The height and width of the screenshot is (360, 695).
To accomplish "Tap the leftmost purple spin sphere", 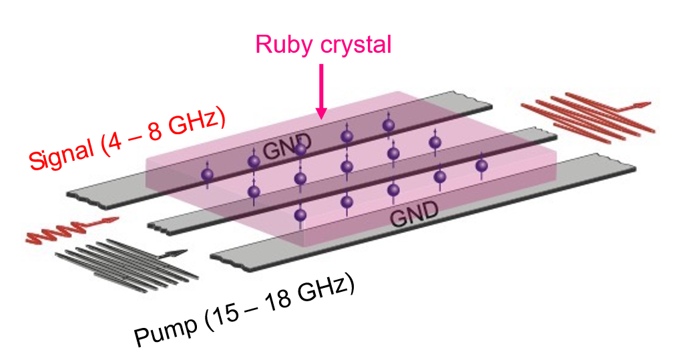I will (x=207, y=175).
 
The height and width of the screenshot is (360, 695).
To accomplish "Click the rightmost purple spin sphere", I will (x=481, y=165).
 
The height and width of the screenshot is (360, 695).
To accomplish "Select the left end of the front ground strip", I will (x=218, y=257).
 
